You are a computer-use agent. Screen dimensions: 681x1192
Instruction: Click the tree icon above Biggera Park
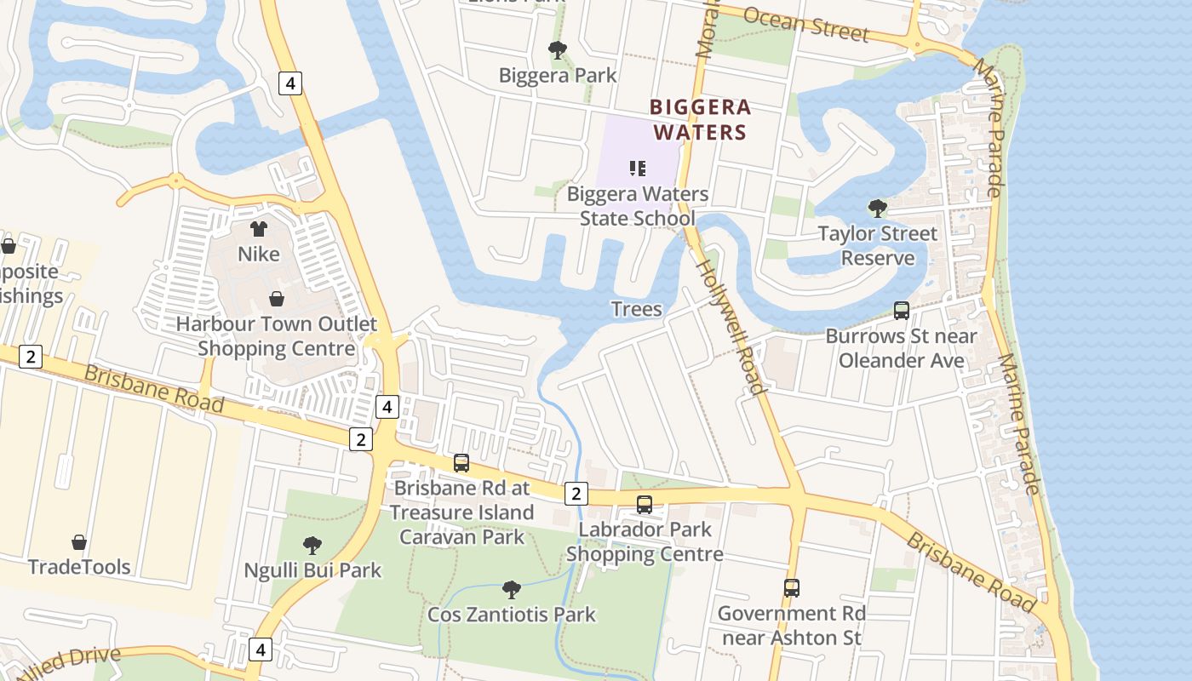click(x=557, y=50)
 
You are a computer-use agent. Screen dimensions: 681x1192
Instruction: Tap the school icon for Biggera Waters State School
click(x=638, y=169)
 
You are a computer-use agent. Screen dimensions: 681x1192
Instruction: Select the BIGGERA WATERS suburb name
click(x=700, y=119)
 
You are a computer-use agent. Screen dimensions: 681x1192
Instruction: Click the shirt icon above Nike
click(x=259, y=228)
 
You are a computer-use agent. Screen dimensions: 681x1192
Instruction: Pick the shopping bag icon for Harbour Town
click(x=277, y=299)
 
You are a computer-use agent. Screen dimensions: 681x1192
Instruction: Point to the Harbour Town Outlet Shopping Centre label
click(x=277, y=336)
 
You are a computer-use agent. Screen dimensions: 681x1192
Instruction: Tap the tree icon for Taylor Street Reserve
click(x=877, y=208)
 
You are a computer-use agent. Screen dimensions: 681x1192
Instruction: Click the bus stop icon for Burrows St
click(x=902, y=311)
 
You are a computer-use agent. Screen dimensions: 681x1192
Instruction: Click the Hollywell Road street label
click(x=731, y=325)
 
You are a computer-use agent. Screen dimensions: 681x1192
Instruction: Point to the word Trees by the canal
click(x=636, y=308)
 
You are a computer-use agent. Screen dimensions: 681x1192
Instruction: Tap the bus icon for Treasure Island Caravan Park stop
click(x=461, y=463)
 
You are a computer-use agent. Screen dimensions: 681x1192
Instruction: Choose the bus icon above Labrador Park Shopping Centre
click(x=645, y=505)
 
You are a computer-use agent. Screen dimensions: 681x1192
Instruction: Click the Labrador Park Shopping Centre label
click(x=645, y=541)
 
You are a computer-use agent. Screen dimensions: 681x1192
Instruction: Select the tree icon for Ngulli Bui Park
click(x=312, y=545)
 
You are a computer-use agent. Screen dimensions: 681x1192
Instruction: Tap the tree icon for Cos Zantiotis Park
click(x=511, y=589)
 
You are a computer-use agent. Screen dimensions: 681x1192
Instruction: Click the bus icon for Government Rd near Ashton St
click(x=791, y=587)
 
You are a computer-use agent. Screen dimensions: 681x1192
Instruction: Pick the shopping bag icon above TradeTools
click(x=79, y=542)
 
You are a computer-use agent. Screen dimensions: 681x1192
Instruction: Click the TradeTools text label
click(x=79, y=567)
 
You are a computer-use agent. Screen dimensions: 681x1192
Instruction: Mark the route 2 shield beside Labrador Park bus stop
click(x=576, y=493)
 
